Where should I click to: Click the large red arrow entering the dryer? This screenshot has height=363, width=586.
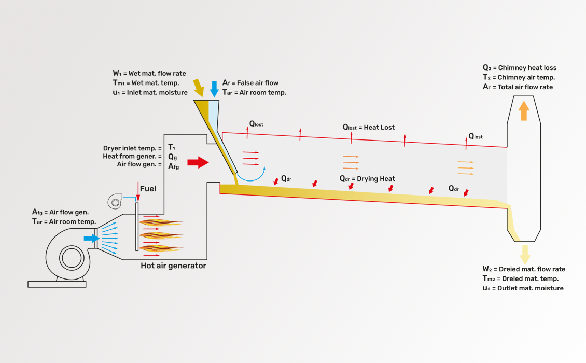[198, 162]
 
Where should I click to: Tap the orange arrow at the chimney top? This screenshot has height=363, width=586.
[524, 110]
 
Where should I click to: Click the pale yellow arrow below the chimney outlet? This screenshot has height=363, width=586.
[525, 254]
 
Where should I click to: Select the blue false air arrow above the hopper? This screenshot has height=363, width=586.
[214, 89]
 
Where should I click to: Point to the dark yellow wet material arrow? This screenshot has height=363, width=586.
[198, 87]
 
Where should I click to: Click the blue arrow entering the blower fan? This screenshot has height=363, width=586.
[91, 238]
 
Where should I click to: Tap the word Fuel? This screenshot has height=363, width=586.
[148, 189]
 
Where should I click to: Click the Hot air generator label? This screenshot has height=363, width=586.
[173, 266]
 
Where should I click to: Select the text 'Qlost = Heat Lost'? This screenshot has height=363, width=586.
[368, 128]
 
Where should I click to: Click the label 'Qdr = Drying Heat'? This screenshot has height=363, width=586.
[367, 179]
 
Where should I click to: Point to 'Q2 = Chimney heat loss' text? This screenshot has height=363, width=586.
[519, 68]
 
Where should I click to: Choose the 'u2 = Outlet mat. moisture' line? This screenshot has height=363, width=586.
[523, 288]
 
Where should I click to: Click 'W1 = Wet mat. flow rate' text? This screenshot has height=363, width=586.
[149, 74]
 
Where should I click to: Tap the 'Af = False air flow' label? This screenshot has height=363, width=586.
[250, 83]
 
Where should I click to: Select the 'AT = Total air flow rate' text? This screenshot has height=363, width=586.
[518, 87]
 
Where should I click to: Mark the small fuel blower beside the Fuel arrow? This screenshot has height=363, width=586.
[115, 201]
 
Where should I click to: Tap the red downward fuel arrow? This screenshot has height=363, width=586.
[138, 191]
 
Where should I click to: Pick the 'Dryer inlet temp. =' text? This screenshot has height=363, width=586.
[132, 148]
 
